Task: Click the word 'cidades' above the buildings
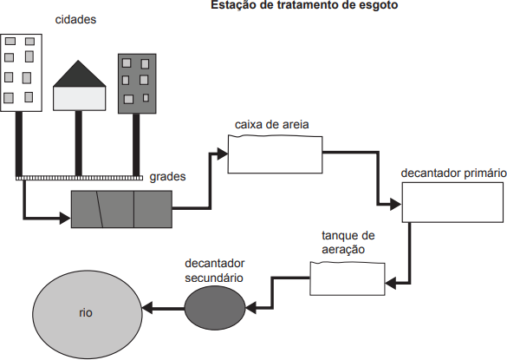(75, 19)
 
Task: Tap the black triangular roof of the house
(79, 76)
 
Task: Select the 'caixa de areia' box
(275, 154)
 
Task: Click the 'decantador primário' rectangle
(452, 202)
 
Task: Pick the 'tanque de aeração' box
(348, 278)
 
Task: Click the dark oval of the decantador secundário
(215, 308)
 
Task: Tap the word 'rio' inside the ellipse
(86, 313)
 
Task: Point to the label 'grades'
(167, 177)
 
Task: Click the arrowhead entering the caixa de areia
(223, 154)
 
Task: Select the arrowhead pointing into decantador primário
(396, 204)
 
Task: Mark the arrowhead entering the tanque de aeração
(391, 284)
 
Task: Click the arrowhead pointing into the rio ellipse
(147, 308)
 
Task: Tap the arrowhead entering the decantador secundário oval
(251, 308)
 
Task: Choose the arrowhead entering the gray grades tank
(66, 218)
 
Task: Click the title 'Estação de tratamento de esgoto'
(304, 5)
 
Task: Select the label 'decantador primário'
(453, 173)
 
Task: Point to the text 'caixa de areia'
(271, 125)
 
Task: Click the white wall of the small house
(79, 98)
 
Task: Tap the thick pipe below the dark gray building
(136, 145)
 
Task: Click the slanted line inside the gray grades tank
(100, 209)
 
